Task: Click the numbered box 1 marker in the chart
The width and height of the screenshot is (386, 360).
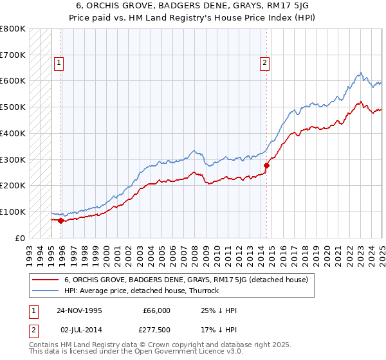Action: tap(59, 63)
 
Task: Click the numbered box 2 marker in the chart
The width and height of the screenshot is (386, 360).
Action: tap(264, 63)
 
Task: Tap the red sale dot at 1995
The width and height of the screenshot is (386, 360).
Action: tap(61, 221)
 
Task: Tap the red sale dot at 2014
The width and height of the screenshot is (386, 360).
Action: tap(266, 165)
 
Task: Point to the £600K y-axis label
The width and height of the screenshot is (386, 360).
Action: tap(13, 81)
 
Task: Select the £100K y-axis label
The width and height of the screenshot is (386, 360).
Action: tap(13, 212)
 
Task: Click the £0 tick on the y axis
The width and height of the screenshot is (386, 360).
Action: tap(21, 238)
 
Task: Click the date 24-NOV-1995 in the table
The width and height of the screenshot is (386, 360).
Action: tap(80, 310)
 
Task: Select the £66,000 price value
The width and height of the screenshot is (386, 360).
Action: tap(156, 310)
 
